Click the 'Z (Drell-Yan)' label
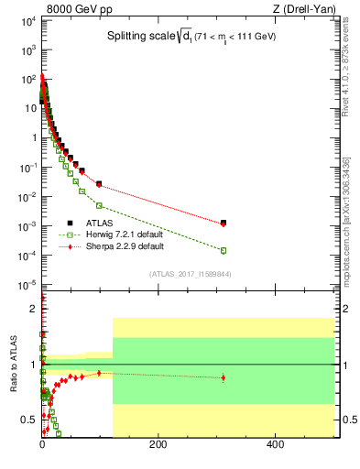(303, 8)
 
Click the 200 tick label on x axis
(158, 445)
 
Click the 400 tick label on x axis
(275, 445)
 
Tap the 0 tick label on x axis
(42, 445)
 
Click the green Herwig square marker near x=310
(224, 250)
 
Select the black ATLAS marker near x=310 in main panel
(224, 222)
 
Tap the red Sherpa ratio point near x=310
(224, 377)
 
